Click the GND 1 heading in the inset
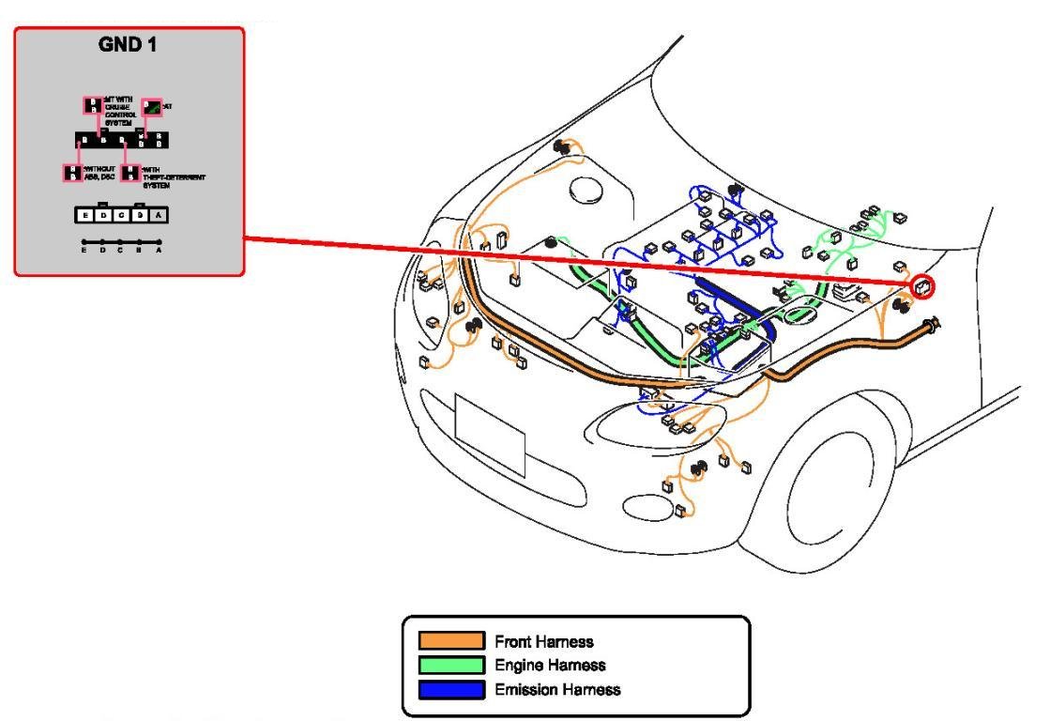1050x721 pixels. pos(128,44)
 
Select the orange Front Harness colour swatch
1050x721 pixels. pos(451,641)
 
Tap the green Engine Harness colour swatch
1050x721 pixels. pos(451,666)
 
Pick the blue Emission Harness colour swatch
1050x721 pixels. pos(451,690)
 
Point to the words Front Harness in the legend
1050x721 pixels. pos(544,642)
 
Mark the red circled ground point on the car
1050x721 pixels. pos(923,287)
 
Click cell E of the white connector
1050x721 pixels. pos(85,215)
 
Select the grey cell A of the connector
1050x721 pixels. pos(158,215)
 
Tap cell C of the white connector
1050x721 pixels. pos(121,215)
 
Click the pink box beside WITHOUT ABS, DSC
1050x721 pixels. pos(72,172)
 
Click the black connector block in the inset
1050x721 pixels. pos(122,141)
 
